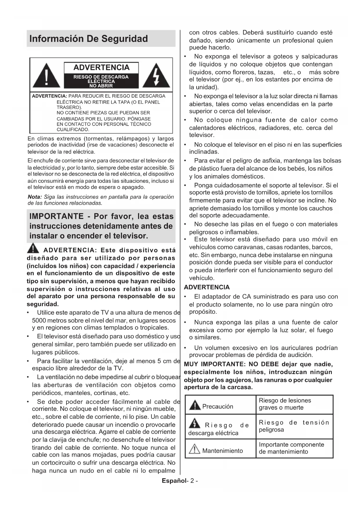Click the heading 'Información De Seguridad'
click(x=88, y=39)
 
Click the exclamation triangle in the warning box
click(x=46, y=76)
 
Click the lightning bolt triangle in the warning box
click(x=157, y=76)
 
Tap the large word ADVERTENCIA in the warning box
click(x=101, y=68)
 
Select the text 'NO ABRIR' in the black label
click(x=101, y=86)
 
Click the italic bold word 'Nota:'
click(x=35, y=197)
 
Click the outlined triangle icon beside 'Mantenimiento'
click(x=194, y=450)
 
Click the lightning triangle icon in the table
click(x=194, y=424)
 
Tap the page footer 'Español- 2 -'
click(x=180, y=481)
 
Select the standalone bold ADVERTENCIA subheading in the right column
click(x=207, y=287)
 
